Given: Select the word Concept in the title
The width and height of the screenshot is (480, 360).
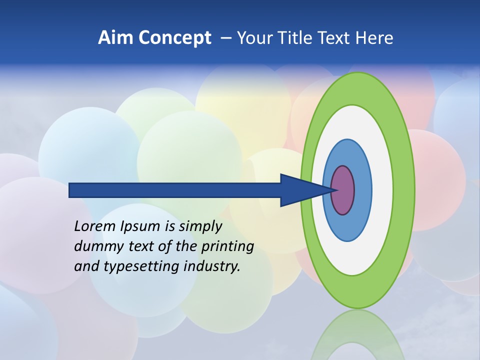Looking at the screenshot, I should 174,38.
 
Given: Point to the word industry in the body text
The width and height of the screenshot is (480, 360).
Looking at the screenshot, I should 211,266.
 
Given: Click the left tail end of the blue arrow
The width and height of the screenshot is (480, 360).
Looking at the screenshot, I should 70,190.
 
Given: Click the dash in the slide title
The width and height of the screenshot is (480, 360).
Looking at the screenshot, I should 225,38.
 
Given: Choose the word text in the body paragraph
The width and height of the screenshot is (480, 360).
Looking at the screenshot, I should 141,246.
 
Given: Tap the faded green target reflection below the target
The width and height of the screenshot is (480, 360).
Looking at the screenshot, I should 357,335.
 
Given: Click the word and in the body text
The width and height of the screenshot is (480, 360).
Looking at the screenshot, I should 86,266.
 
